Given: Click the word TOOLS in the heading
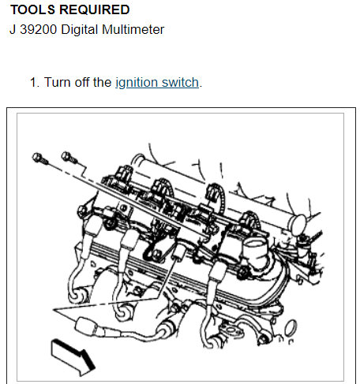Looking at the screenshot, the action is click(x=32, y=9).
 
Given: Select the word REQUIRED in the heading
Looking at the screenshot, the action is click(x=95, y=9).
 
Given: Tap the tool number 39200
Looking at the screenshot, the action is click(x=39, y=29).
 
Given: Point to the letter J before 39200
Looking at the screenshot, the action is click(x=13, y=29).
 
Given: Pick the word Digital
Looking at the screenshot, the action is click(x=80, y=29).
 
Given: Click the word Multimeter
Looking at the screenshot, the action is click(x=133, y=29).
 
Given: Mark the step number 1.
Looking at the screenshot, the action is click(x=35, y=82).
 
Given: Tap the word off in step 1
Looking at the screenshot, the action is click(x=82, y=82).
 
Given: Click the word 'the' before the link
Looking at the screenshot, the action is click(x=103, y=82).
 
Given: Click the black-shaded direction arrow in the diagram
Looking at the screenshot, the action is click(x=73, y=357).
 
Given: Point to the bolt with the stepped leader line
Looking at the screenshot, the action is click(x=69, y=157).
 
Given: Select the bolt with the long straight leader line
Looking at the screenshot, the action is click(x=39, y=158).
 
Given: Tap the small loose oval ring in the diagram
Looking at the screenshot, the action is click(x=291, y=328).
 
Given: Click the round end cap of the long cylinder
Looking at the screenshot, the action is click(x=298, y=225).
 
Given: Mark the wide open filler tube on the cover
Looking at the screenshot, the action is click(x=254, y=251).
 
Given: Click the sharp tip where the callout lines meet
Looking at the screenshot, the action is click(x=54, y=309).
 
